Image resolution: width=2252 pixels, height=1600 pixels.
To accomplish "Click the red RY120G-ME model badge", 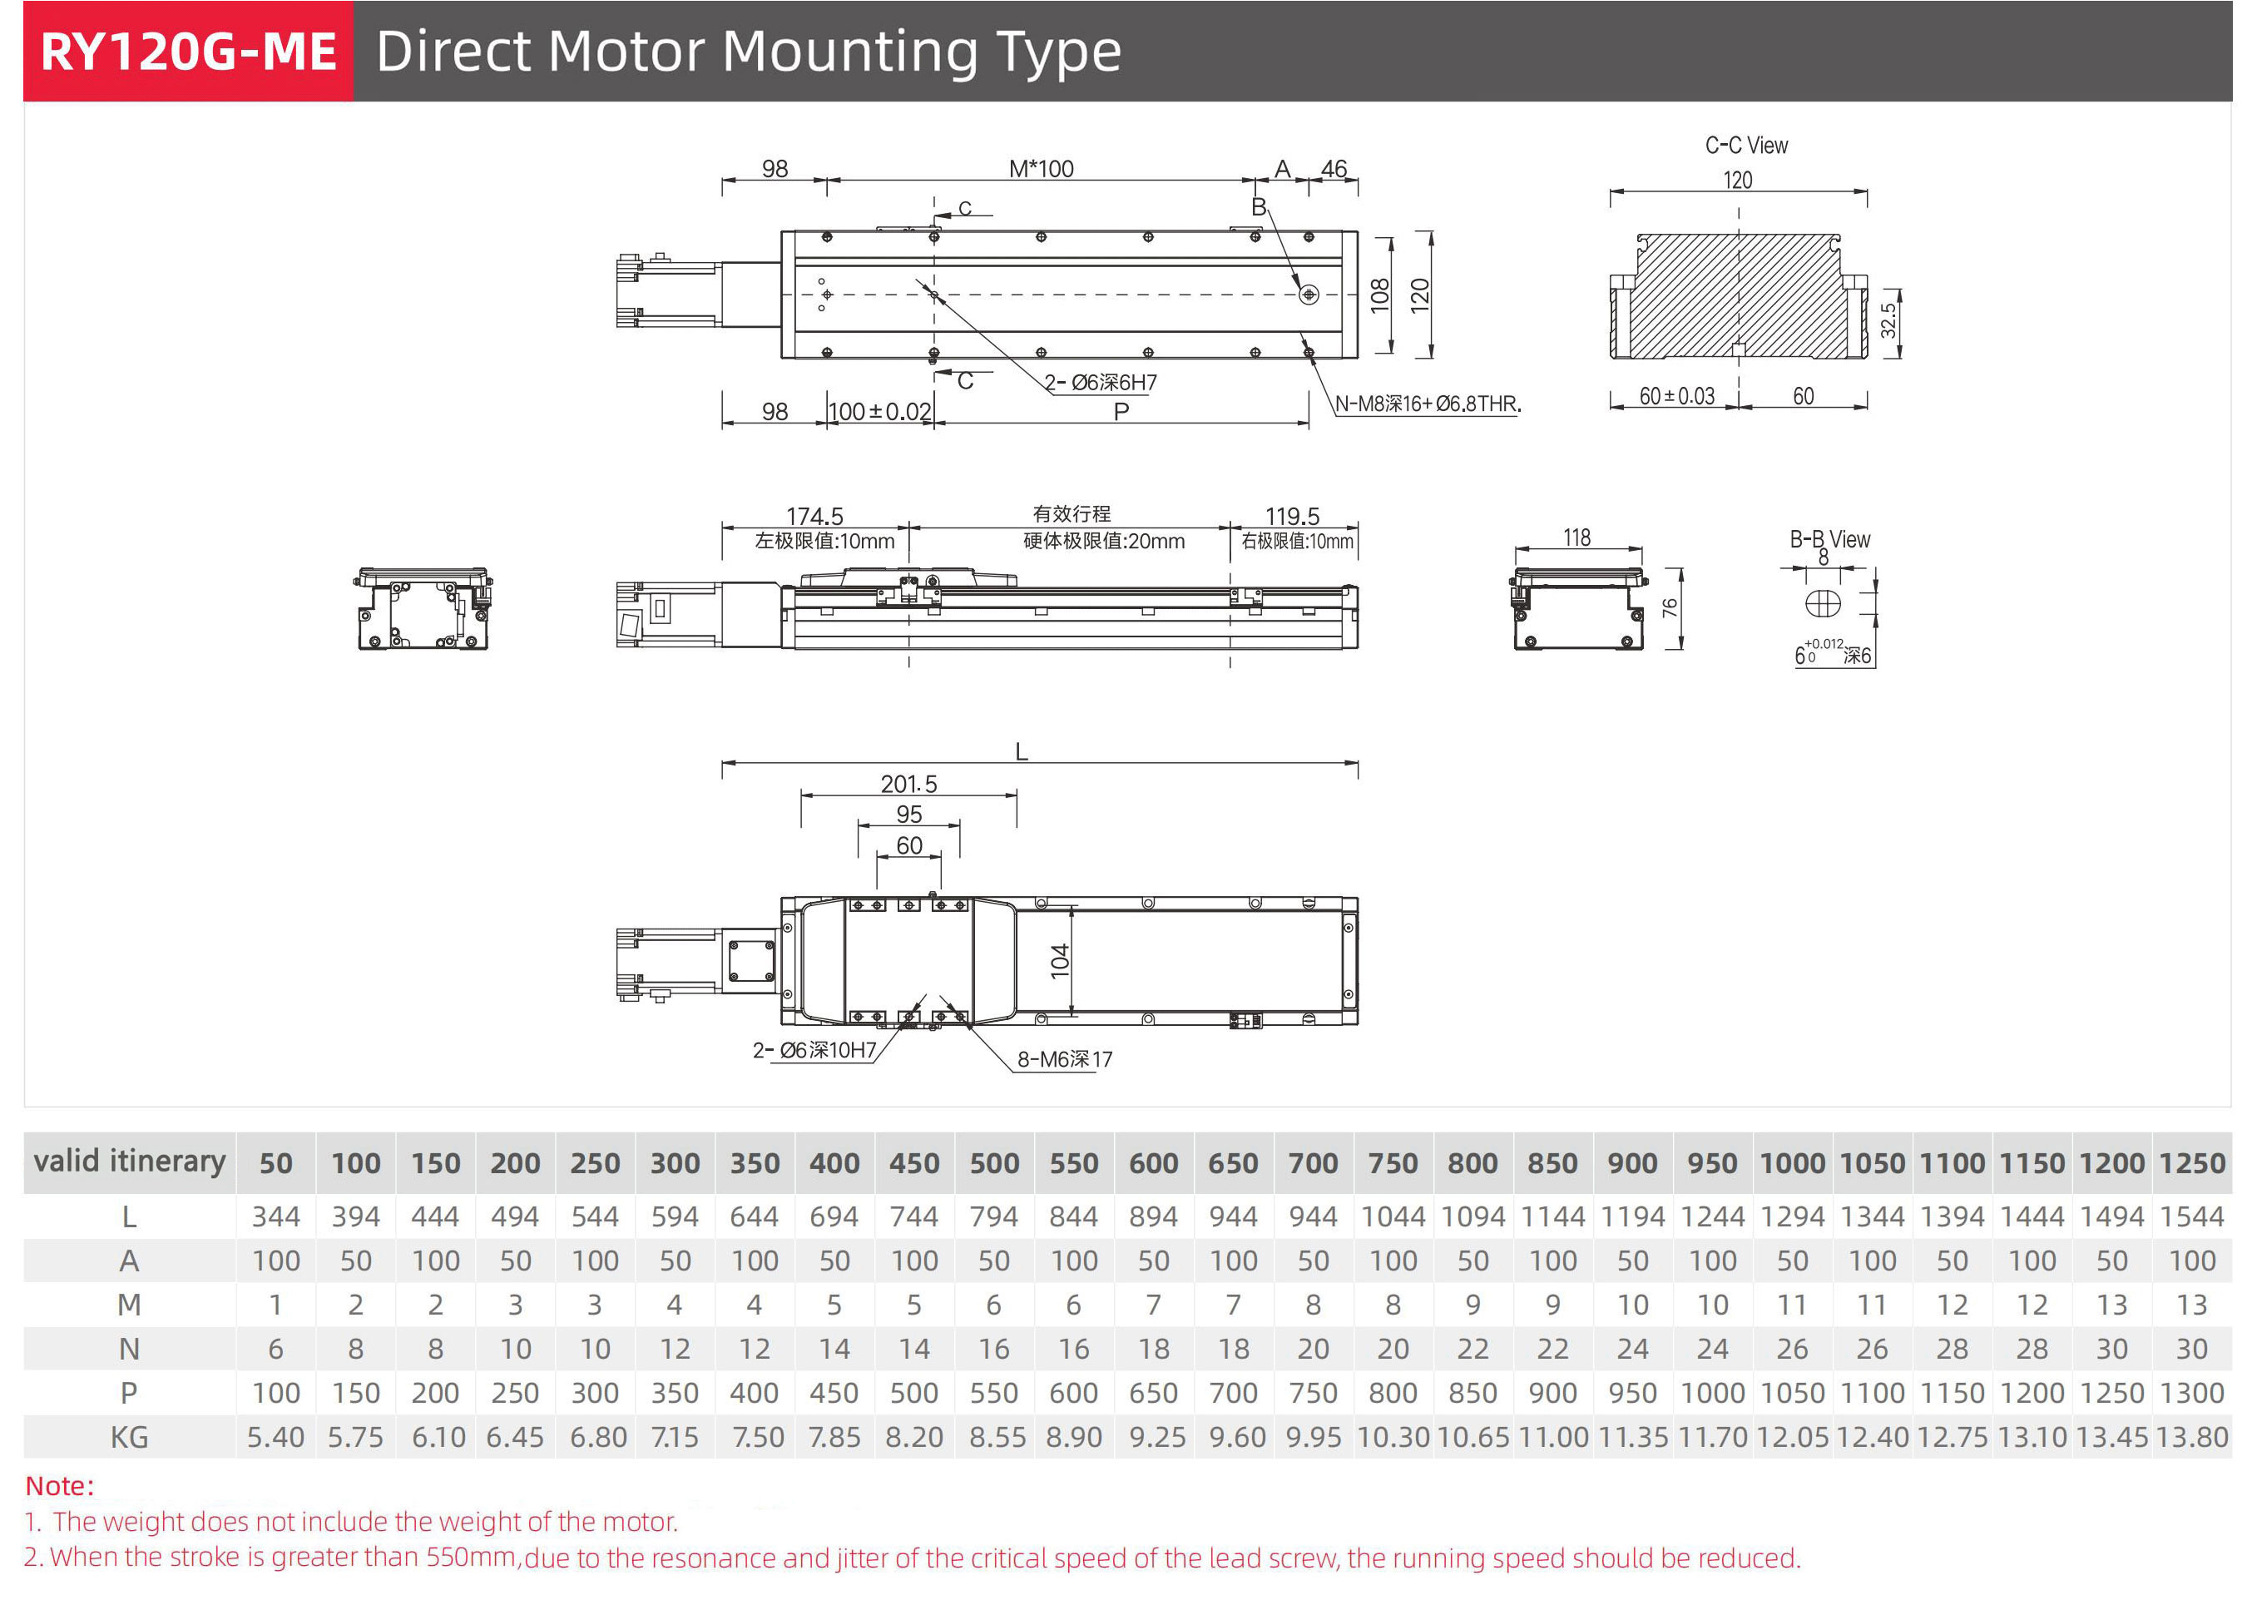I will (187, 52).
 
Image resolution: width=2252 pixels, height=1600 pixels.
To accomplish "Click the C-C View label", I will (1745, 146).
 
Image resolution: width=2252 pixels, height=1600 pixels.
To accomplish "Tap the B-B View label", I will (1829, 539).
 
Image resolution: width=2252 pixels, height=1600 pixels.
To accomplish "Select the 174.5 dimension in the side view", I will (814, 515).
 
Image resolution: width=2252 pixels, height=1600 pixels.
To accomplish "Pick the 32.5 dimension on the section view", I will (1888, 320).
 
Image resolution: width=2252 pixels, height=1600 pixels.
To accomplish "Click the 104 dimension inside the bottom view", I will (1060, 961).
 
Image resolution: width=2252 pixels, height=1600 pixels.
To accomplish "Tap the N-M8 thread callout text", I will (1427, 404).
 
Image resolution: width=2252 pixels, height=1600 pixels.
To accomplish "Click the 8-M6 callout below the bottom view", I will (1064, 1059).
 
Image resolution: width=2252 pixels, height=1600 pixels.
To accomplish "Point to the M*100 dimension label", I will (1042, 168).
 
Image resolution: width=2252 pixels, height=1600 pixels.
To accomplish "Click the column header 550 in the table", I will (1074, 1163).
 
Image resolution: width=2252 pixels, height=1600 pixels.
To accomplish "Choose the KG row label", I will (129, 1438).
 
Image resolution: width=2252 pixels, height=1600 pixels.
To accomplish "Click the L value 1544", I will (2191, 1216).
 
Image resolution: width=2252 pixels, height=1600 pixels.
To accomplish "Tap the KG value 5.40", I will (276, 1438).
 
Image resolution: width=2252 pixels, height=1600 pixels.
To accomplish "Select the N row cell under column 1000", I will (1792, 1349).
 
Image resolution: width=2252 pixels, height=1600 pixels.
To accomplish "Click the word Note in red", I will (57, 1486).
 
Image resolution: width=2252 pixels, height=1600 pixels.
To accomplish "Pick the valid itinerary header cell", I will (129, 1162).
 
